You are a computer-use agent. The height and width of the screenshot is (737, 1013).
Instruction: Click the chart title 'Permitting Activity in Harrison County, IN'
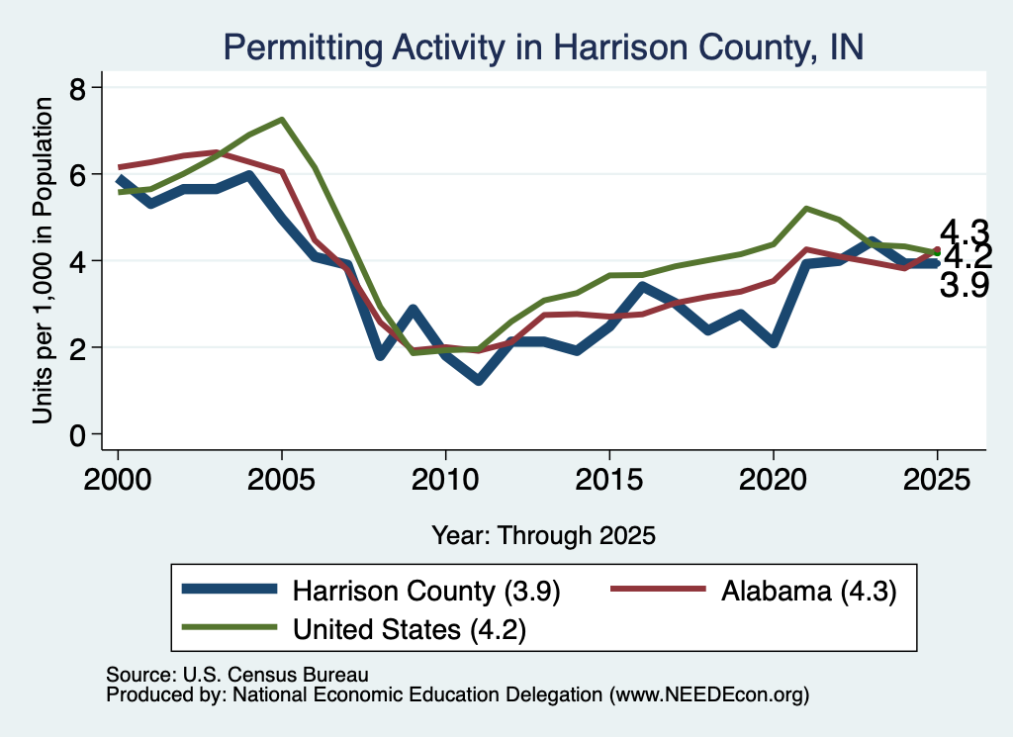543,47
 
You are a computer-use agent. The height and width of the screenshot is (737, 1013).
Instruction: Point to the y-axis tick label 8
77,88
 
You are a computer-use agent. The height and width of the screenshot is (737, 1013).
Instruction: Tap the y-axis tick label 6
77,175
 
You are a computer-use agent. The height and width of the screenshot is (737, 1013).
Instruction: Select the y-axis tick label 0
77,436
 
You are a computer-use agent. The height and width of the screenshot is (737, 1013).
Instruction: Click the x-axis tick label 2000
118,480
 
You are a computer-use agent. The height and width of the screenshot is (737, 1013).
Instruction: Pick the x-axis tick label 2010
445,480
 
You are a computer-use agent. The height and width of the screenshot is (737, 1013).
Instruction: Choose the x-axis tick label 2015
609,480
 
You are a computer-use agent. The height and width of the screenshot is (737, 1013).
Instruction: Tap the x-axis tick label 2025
937,480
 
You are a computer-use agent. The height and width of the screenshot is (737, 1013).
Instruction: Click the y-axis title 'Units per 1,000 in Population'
43,260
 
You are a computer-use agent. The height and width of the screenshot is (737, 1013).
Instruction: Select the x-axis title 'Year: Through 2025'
543,535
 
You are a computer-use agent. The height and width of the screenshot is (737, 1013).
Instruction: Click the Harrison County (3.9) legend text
426,591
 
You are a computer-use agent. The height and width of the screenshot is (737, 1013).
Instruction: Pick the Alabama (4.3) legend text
809,591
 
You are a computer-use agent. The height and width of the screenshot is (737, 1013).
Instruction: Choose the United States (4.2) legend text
410,629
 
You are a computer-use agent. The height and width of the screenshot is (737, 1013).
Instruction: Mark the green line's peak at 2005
282,120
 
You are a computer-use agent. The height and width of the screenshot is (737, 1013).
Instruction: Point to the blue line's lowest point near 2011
478,381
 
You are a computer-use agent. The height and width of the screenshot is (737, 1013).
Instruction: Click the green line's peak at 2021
805,209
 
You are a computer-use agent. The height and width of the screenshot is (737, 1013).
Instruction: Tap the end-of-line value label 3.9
964,285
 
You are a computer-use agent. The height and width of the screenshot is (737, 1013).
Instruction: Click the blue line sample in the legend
230,589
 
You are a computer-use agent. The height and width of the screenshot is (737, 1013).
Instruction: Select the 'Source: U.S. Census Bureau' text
237,675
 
